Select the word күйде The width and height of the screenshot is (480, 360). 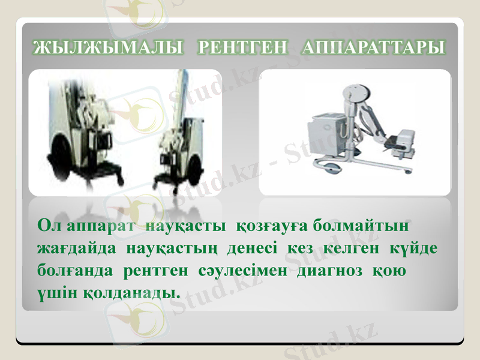click(415, 248)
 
